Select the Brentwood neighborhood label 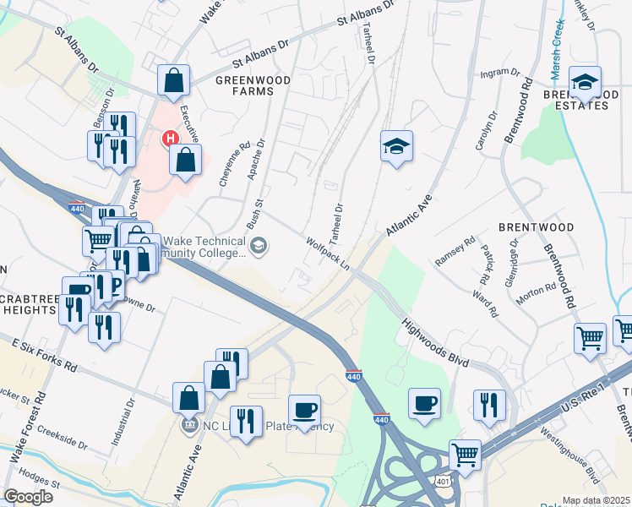536,227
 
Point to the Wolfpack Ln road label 329,253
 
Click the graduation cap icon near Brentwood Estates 585,82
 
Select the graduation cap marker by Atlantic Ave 396,146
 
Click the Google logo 28,497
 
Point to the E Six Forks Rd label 44,355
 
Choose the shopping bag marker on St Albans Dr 173,81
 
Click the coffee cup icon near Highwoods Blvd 423,403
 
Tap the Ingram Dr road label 499,74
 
